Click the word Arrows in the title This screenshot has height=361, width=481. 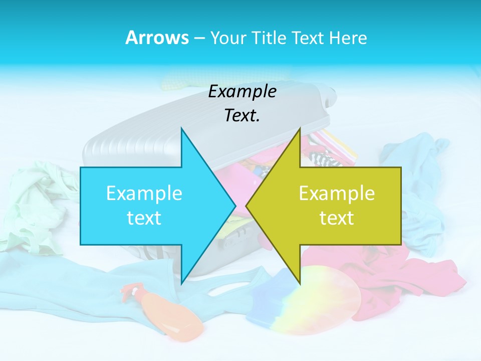[x=156, y=38]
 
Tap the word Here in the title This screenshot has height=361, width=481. [x=349, y=38]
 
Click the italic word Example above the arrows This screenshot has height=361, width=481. [x=243, y=91]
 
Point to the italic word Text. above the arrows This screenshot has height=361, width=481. [x=243, y=115]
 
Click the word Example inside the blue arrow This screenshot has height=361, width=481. [x=144, y=193]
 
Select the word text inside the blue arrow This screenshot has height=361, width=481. [x=144, y=218]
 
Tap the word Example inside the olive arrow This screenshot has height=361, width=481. [x=337, y=193]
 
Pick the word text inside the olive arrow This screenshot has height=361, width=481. [x=337, y=218]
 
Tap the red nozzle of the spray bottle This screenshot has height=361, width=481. [x=129, y=290]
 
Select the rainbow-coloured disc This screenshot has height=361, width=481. [x=326, y=301]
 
